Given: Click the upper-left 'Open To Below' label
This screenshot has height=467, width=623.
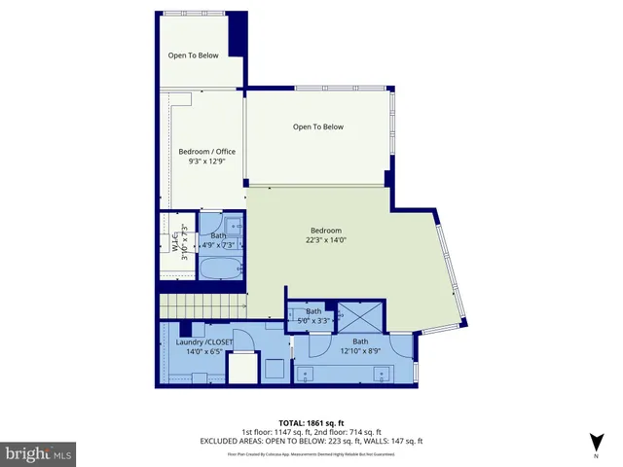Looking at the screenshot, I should tap(194, 55).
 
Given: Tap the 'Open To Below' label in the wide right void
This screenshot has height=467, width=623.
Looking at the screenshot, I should tap(318, 126).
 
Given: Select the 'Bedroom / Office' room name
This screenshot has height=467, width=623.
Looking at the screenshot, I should tap(206, 151).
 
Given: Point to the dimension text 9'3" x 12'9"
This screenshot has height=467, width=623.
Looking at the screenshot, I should tap(206, 162).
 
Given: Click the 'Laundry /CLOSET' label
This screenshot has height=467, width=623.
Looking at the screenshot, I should tap(204, 342).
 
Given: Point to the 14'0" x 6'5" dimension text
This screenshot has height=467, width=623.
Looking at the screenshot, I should tap(203, 353).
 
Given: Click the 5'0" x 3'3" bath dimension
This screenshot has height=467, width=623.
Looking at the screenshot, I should tap(313, 321).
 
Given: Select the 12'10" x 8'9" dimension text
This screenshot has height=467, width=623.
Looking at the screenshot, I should tap(360, 352).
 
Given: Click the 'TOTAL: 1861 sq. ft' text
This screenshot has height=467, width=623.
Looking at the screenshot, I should tap(311, 422).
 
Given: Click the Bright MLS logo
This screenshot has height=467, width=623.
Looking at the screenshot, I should tap(39, 453).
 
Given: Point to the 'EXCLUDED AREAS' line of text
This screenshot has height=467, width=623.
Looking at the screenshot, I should tap(311, 443).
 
